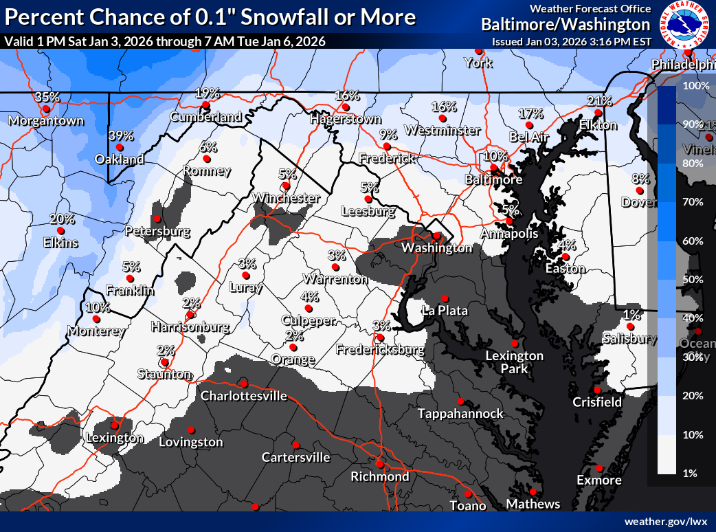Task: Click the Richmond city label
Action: (379, 476)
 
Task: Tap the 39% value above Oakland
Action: (120, 135)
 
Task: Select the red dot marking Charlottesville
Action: (243, 384)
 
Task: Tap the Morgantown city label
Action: (46, 121)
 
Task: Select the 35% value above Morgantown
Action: (47, 97)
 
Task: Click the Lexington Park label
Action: (515, 362)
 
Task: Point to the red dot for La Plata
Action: (445, 298)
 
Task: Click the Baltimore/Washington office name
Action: (566, 25)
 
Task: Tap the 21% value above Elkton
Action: (599, 101)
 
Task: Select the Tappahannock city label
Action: (461, 413)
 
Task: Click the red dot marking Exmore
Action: (599, 467)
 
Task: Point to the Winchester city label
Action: (286, 198)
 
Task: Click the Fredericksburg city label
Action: (380, 350)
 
